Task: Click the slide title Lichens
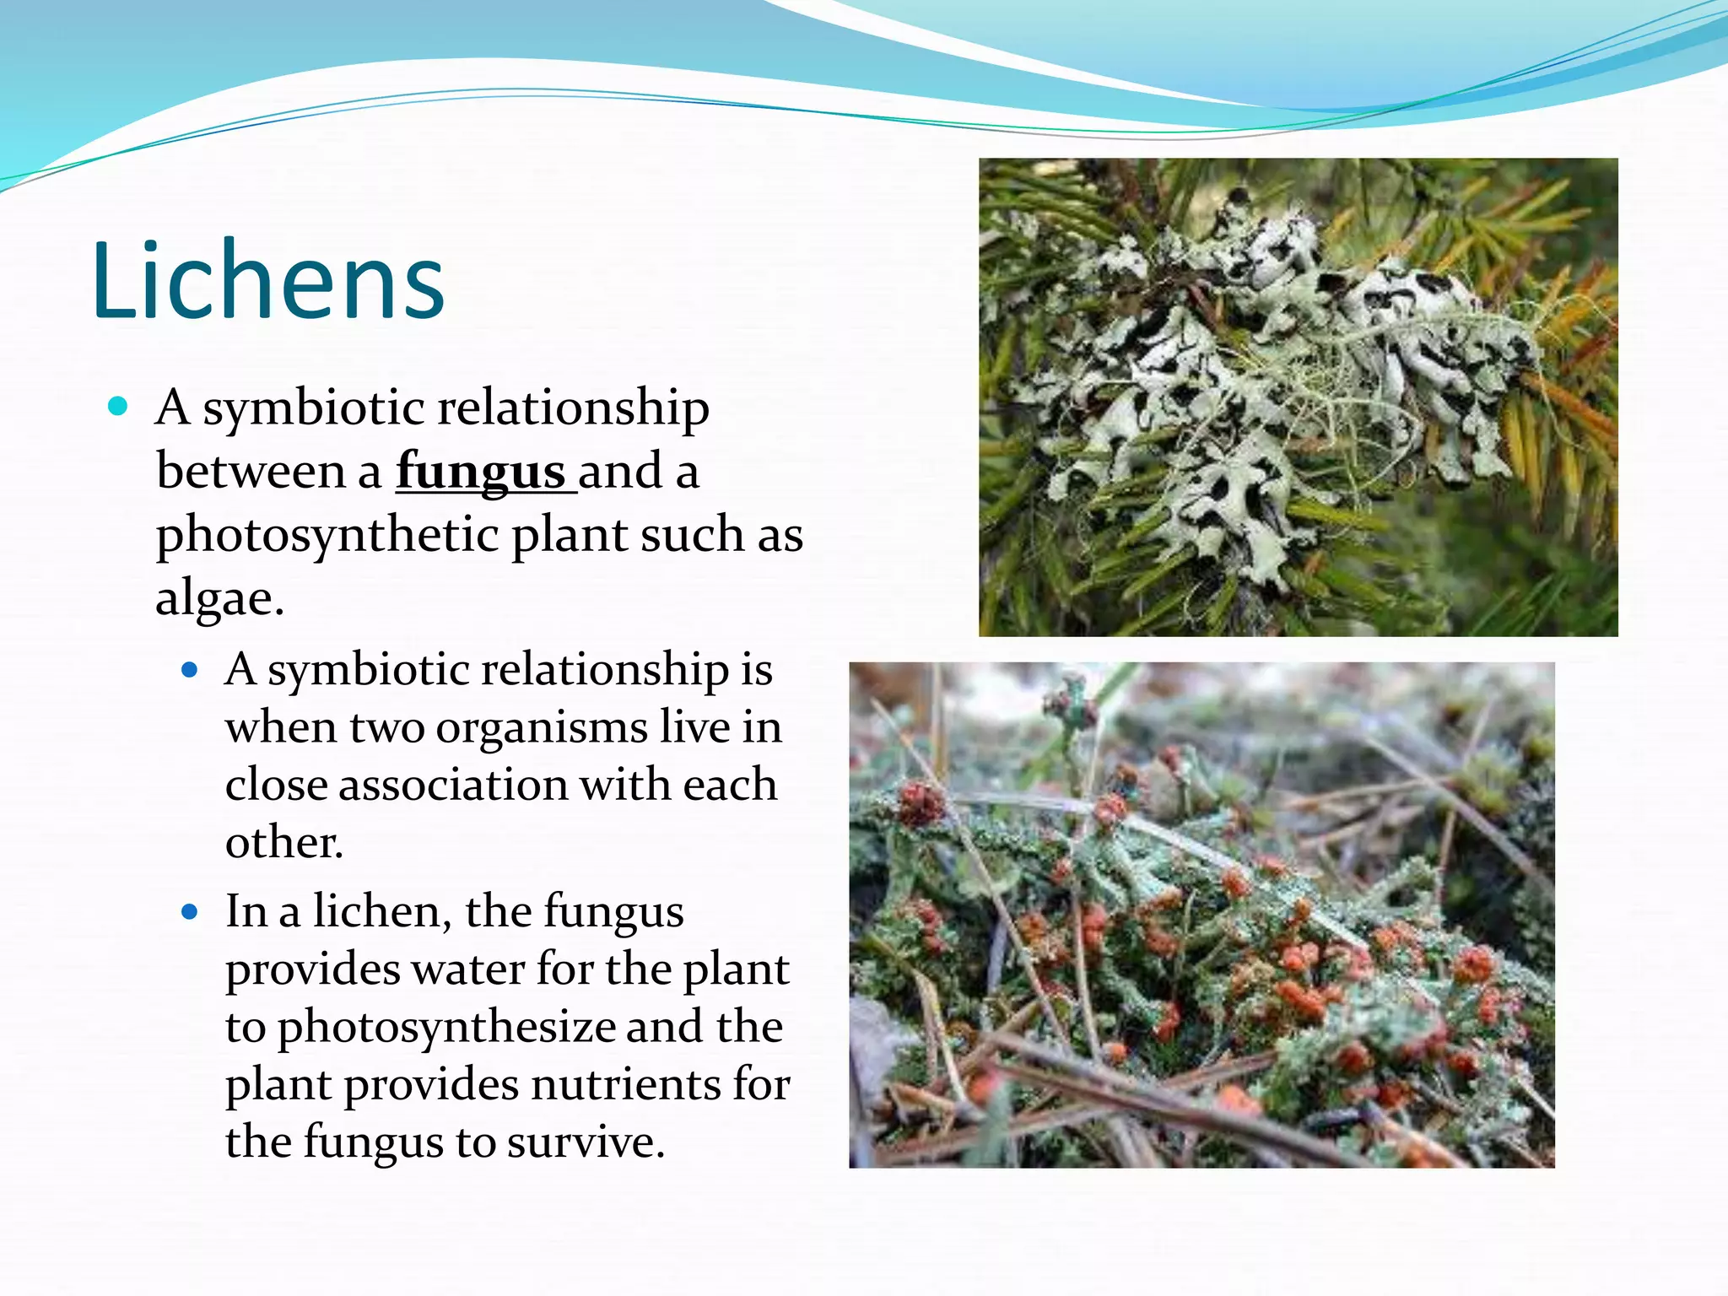[268, 281]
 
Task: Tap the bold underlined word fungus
[481, 471]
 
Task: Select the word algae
[219, 598]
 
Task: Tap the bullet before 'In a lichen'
[190, 912]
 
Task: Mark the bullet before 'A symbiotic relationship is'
[190, 671]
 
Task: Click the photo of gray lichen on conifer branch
[1298, 397]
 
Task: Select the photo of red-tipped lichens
[1201, 915]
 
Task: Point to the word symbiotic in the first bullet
[313, 408]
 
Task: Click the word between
[251, 471]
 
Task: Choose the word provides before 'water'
[311, 970]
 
